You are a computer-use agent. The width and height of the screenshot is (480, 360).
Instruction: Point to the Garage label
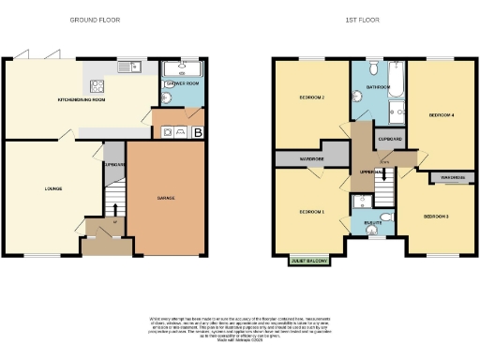pyautogui.click(x=165, y=198)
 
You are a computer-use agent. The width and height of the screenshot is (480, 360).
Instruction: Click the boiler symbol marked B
pyautogui.click(x=198, y=132)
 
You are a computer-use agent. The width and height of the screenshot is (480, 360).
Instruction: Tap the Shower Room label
pyautogui.click(x=182, y=83)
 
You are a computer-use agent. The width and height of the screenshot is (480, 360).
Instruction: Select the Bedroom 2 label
pyautogui.click(x=311, y=97)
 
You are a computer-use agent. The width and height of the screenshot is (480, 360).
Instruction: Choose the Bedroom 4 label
pyautogui.click(x=441, y=115)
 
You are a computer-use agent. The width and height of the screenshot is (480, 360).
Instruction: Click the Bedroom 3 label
pyautogui.click(x=435, y=217)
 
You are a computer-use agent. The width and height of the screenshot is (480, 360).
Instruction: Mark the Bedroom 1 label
pyautogui.click(x=310, y=212)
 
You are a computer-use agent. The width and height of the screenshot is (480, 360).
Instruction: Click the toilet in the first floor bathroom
pyautogui.click(x=373, y=67)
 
